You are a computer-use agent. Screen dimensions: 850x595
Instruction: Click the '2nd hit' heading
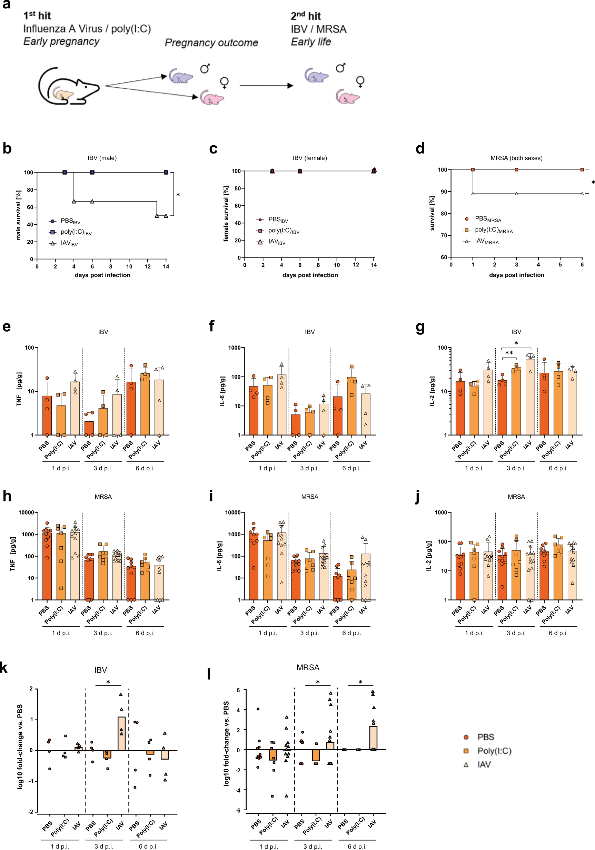coord(305,16)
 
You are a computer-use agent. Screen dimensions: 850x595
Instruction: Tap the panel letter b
coord(7,149)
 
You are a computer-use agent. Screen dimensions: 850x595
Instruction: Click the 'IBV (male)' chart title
coord(102,158)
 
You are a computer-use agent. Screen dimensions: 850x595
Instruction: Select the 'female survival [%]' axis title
coord(226,214)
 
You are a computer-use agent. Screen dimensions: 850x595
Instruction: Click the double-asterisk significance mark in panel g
coord(509,353)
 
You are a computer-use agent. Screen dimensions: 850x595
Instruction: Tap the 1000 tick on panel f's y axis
coord(234,348)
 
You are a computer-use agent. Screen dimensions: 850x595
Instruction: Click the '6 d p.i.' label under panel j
coord(558,633)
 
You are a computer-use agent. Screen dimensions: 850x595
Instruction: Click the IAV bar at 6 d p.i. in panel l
coord(373,737)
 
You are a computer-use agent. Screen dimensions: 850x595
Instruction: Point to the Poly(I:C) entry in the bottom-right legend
coord(494,751)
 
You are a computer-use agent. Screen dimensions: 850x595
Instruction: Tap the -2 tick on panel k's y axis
coord(31,812)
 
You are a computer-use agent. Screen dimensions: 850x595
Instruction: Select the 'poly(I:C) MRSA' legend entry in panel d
coord(494,230)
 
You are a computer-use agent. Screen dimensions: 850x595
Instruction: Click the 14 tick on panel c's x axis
coord(374,265)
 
